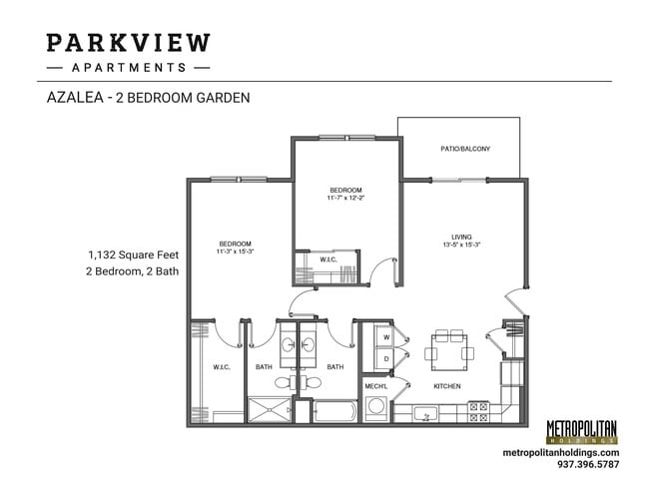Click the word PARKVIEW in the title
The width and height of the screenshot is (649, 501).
(x=129, y=43)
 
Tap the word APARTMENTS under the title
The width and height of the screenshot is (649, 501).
(x=129, y=68)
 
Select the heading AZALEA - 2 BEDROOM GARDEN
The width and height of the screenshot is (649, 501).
(x=148, y=98)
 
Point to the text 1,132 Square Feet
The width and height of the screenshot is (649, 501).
(x=133, y=254)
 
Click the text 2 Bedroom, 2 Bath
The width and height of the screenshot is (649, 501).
(x=133, y=270)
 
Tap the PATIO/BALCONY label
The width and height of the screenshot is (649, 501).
(x=464, y=149)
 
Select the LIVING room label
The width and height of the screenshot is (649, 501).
(x=460, y=237)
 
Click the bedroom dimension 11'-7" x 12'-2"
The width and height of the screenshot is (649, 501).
(x=345, y=198)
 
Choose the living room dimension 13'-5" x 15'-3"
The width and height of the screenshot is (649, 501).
(x=460, y=245)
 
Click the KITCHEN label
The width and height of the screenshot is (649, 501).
(x=445, y=385)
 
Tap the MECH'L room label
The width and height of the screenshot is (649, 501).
(x=375, y=385)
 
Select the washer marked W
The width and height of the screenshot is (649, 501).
(x=385, y=336)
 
